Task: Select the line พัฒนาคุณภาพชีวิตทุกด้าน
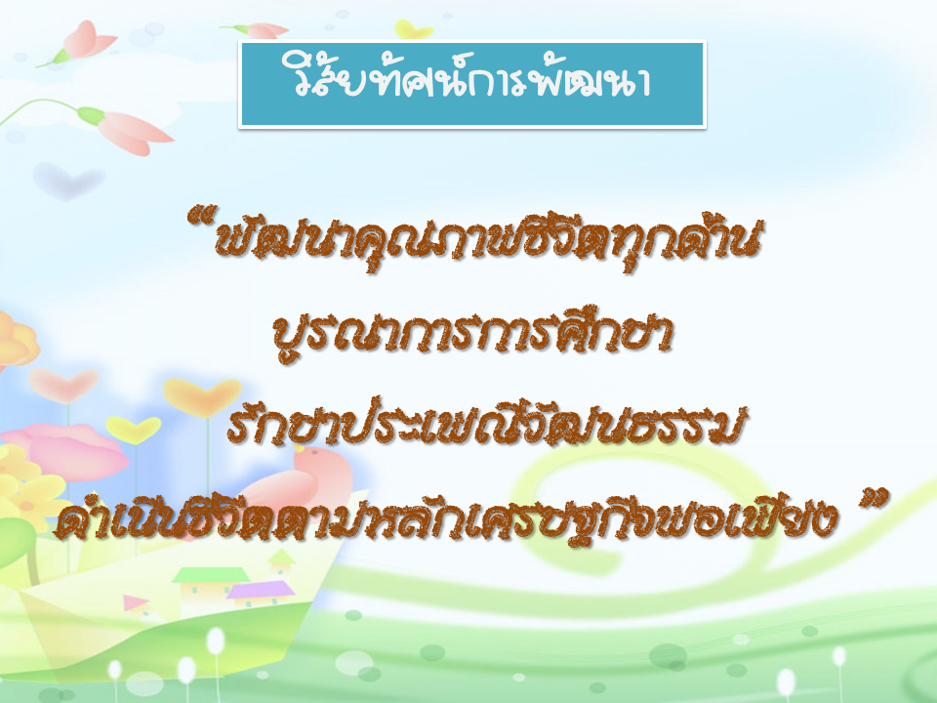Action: pos(488,241)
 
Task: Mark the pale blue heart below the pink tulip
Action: pos(68,181)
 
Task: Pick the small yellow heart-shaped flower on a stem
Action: pos(134,430)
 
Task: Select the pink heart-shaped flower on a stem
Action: pos(64,385)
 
